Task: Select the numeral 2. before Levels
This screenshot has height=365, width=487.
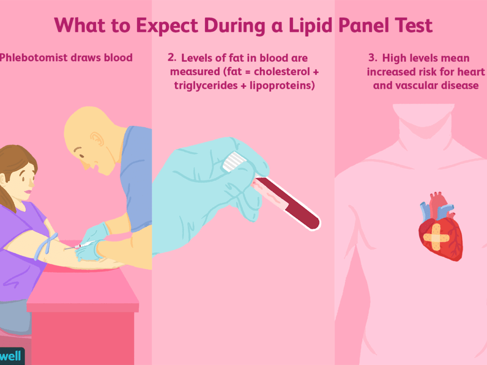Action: [x=172, y=58]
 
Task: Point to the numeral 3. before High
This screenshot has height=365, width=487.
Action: [x=373, y=58]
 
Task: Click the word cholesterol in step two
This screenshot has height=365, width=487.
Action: [x=282, y=71]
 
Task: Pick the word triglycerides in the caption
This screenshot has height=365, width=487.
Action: [x=206, y=86]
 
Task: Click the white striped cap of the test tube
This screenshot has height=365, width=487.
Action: [x=234, y=162]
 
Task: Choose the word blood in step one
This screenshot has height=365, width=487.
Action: [x=118, y=58]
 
